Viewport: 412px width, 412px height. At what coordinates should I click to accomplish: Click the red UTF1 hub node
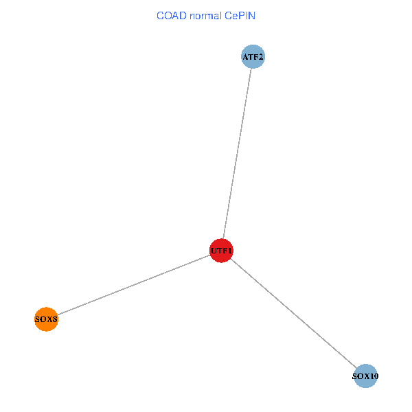221,251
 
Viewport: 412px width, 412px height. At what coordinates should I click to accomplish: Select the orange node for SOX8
46,319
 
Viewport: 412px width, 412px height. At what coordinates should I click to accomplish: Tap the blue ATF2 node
253,56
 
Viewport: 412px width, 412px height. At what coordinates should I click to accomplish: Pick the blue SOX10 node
365,376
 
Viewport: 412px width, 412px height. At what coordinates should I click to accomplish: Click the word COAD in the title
169,15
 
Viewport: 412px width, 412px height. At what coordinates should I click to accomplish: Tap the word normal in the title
204,15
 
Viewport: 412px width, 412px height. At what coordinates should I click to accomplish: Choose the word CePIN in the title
240,15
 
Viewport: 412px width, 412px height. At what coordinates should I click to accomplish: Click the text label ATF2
253,56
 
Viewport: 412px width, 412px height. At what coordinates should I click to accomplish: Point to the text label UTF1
221,251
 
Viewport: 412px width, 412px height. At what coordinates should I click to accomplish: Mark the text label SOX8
46,319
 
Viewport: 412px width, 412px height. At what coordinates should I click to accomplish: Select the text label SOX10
365,376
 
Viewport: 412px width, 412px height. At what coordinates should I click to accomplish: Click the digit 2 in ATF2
261,56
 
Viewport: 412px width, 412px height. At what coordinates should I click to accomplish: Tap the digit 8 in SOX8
55,319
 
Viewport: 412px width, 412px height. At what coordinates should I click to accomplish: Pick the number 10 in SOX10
374,376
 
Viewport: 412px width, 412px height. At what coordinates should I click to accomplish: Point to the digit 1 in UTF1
231,251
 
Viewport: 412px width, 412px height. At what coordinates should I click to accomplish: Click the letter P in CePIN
242,15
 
